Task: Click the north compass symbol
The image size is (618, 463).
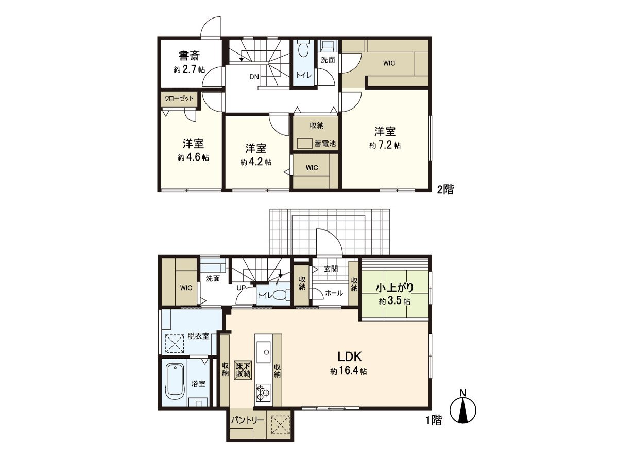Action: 463,410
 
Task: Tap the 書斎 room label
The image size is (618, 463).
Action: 190,56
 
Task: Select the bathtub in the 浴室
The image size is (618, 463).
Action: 175,382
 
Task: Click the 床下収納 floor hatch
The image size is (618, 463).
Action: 243,369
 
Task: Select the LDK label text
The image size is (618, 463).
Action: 351,356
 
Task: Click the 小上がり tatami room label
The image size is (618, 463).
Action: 395,288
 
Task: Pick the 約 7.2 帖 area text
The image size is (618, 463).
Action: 385,146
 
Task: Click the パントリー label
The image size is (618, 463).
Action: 248,420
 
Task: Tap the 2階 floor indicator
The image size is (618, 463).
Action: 445,190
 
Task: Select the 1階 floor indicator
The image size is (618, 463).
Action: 434,420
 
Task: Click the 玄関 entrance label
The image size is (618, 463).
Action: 331,269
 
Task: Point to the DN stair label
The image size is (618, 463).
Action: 254,77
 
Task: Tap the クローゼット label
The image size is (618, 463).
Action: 178,98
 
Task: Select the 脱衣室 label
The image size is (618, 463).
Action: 198,336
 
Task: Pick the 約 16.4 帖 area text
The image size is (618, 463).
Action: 349,371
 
